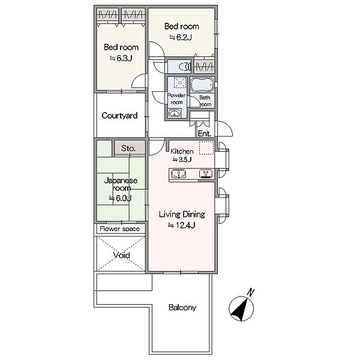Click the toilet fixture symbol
point(185,67)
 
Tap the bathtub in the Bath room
point(202,85)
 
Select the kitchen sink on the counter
point(178,173)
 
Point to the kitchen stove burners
point(206,173)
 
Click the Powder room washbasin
point(175,113)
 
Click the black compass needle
point(241,310)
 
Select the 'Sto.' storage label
point(128,148)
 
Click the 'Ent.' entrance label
point(205,133)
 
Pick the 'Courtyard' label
point(119,115)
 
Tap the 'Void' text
point(121,255)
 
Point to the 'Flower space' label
point(119,229)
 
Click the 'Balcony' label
point(182,307)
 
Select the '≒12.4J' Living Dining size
point(181,225)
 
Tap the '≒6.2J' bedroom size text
point(181,37)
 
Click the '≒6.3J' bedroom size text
point(121,58)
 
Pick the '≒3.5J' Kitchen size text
point(182,160)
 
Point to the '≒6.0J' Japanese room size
point(121,198)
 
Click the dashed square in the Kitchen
point(206,148)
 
